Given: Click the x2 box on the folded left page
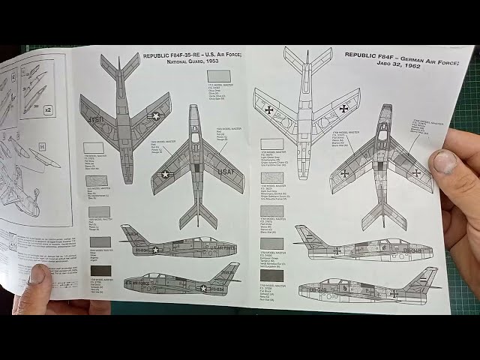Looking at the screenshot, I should [x=48, y=109].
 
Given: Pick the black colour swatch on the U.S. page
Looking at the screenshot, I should [x=100, y=271].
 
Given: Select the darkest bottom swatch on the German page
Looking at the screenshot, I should [x=271, y=275].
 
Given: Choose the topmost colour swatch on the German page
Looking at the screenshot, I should [x=271, y=144].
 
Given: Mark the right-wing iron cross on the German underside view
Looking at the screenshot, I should [x=343, y=109].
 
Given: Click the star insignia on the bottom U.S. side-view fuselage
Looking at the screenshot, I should [x=202, y=288].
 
